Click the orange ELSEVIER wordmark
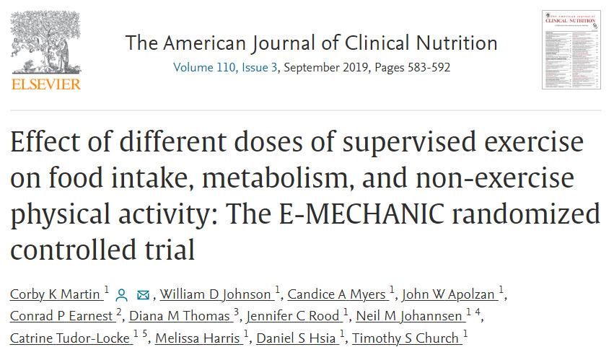(45, 84)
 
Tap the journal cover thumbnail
(571, 50)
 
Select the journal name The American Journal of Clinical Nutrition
(311, 43)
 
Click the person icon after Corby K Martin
(122, 295)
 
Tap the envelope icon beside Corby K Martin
(143, 295)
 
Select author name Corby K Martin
(56, 295)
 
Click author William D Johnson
(216, 295)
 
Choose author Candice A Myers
(337, 295)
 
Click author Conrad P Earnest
(62, 317)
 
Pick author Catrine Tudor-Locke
(70, 338)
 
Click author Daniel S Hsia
(297, 338)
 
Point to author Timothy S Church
(408, 338)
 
